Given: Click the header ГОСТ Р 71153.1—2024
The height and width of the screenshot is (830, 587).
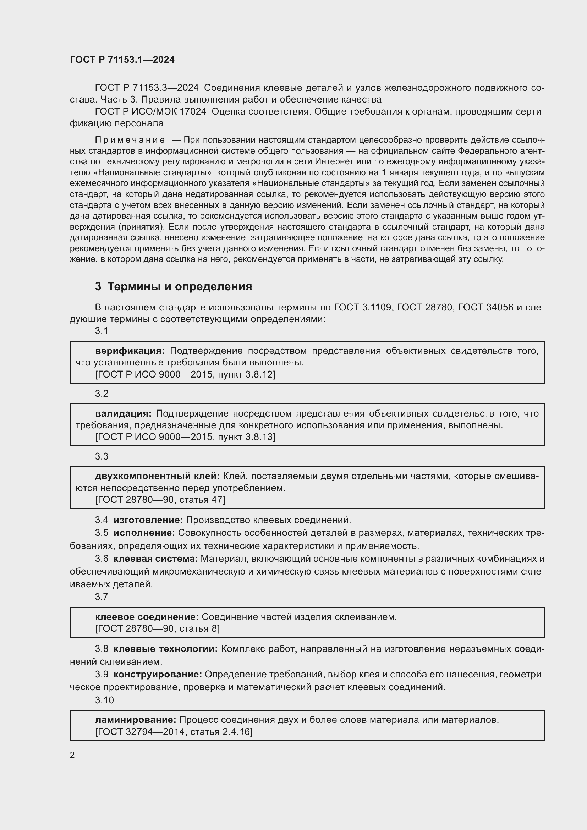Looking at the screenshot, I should pyautogui.click(x=122, y=60).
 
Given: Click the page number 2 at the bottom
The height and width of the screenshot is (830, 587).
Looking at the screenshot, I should pyautogui.click(x=72, y=755).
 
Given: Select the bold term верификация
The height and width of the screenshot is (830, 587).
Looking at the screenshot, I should pyautogui.click(x=130, y=351).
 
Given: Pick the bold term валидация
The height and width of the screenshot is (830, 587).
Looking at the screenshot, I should pyautogui.click(x=123, y=413).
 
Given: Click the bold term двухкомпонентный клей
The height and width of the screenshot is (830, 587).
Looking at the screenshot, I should pyautogui.click(x=157, y=476).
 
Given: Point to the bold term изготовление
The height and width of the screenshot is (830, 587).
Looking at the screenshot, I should pyautogui.click(x=148, y=520).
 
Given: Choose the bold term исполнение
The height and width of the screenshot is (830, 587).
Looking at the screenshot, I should pyautogui.click(x=144, y=533).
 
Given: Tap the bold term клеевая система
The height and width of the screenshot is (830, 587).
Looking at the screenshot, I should pyautogui.click(x=155, y=559).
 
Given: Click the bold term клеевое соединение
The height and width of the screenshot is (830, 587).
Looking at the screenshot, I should pyautogui.click(x=147, y=617).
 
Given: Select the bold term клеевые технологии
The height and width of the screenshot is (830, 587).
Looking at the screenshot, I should pyautogui.click(x=165, y=649).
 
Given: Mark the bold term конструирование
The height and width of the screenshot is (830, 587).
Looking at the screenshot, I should pyautogui.click(x=158, y=674).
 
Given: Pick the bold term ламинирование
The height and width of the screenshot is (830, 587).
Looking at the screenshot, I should pyautogui.click(x=136, y=720).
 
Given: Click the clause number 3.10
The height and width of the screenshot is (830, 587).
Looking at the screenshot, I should pyautogui.click(x=104, y=700).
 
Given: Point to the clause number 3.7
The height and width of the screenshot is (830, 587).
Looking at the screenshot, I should pyautogui.click(x=102, y=597).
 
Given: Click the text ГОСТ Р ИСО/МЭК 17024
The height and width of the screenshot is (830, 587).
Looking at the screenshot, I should pyautogui.click(x=150, y=112).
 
